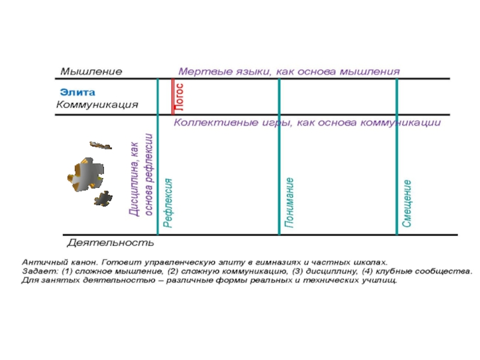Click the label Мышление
pos(91,71)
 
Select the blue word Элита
pos(77,92)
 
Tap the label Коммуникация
pos(97,104)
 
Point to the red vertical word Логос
pos(179,97)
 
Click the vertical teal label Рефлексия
pos(168,203)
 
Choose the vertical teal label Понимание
pos(289,203)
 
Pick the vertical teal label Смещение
pos(407,203)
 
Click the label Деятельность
pos(110,243)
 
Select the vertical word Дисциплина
pos(134,179)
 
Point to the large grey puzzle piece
pos(86,175)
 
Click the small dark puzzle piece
pos(103,199)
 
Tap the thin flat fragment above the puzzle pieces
pos(100,145)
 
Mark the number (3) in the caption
pos(298,271)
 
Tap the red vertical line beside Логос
pos(173,97)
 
